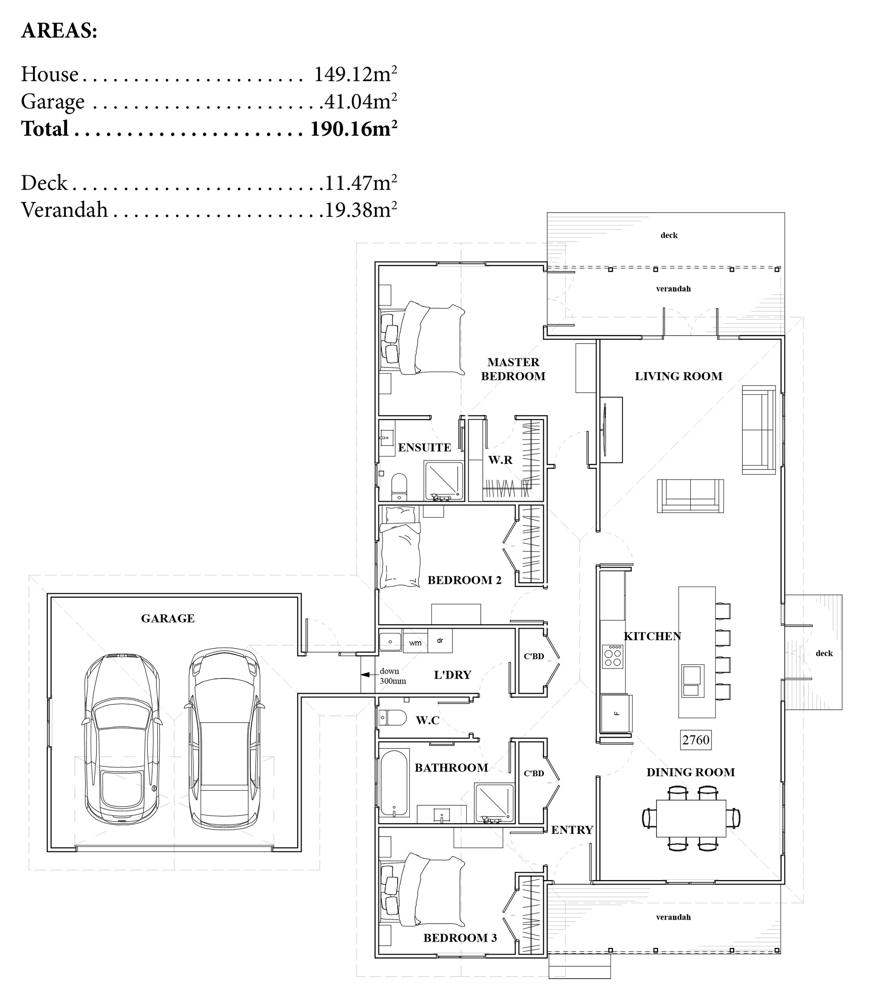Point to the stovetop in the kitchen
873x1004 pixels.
(x=613, y=656)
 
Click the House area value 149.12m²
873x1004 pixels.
(x=355, y=74)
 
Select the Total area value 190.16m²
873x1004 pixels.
(x=354, y=129)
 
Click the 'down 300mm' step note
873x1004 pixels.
(x=393, y=676)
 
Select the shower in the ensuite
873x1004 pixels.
(x=444, y=481)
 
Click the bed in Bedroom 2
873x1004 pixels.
(x=400, y=547)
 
